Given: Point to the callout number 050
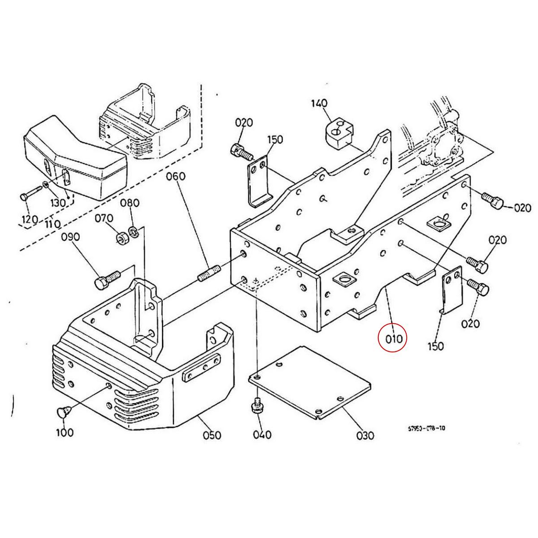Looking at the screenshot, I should tap(212, 434).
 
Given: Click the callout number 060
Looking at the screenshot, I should tap(175, 176).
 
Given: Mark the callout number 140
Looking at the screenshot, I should tap(319, 104).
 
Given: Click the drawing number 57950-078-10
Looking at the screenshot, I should tap(426, 428).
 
